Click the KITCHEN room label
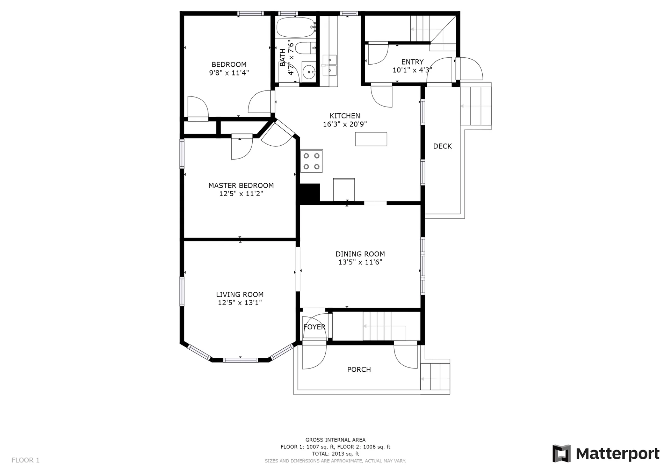(x=345, y=116)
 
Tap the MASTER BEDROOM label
(x=241, y=185)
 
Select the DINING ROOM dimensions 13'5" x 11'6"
(x=360, y=262)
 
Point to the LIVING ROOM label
(x=240, y=294)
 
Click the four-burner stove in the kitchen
(x=311, y=161)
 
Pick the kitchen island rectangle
(x=371, y=139)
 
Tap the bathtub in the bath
(x=296, y=27)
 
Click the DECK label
(x=442, y=146)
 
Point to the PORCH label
(x=359, y=370)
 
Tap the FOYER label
(x=314, y=327)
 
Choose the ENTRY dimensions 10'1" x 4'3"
(x=412, y=70)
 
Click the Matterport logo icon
(x=562, y=453)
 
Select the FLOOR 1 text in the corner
(x=26, y=460)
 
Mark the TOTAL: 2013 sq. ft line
(x=335, y=454)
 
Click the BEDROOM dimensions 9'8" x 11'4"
(x=229, y=73)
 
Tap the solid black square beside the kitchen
(x=310, y=193)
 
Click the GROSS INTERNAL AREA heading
(x=335, y=440)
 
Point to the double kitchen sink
(x=329, y=66)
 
